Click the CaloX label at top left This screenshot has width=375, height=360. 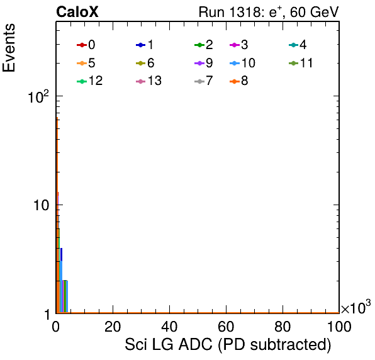coord(77,12)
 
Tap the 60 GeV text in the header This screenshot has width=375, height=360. coord(315,12)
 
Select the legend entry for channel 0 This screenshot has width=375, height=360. coord(86,45)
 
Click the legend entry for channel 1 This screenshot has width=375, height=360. coord(145,45)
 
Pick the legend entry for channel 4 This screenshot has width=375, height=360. coord(298,45)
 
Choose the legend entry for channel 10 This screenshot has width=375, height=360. coord(242,63)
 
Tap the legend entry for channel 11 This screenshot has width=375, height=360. coord(301,63)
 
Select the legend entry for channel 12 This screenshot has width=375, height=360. coord(90,81)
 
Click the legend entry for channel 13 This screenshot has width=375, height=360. coord(148,81)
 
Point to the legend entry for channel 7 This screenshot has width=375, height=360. coord(204,81)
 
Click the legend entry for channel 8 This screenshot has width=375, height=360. coord(239,81)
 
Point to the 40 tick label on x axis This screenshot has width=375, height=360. coord(169,327)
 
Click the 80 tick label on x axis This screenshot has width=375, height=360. coord(283,327)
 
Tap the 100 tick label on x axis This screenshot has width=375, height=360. coord(339,327)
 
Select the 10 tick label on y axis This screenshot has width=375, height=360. coord(41,205)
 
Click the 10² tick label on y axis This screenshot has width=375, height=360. coord(38,96)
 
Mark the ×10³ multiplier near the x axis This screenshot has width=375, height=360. coord(356,307)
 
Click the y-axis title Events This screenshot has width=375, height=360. coord(9,48)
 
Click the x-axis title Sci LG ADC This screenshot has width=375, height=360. coord(169,344)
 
